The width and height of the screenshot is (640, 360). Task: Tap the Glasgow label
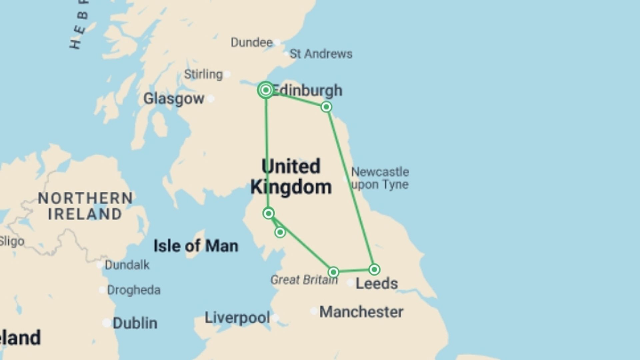[x=174, y=99]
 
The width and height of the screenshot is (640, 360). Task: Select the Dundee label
[x=252, y=43]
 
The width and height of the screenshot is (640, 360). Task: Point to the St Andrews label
[x=321, y=54]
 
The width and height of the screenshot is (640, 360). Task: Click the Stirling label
[x=203, y=74]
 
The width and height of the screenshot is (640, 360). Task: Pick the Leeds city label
[x=377, y=284]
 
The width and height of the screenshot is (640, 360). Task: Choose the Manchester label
[x=361, y=312]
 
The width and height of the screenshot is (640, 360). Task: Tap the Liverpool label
[x=237, y=318]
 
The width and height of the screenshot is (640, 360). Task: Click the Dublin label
[x=135, y=323]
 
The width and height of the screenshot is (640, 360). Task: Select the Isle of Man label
[x=196, y=246]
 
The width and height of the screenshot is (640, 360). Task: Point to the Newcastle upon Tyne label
[x=380, y=178]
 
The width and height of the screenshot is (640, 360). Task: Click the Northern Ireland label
[x=85, y=206]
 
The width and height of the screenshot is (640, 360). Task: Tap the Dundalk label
[x=127, y=265]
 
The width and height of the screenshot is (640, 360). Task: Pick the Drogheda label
[x=134, y=290]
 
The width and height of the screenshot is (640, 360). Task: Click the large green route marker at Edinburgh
[x=266, y=90]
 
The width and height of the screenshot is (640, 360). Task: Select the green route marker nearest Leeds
[x=374, y=269]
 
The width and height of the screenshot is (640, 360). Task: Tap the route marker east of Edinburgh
[x=326, y=107]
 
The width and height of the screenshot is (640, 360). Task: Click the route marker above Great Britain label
[x=333, y=272]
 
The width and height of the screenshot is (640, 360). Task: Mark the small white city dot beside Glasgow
[x=211, y=99]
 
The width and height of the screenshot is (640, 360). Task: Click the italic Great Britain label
[x=304, y=280]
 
